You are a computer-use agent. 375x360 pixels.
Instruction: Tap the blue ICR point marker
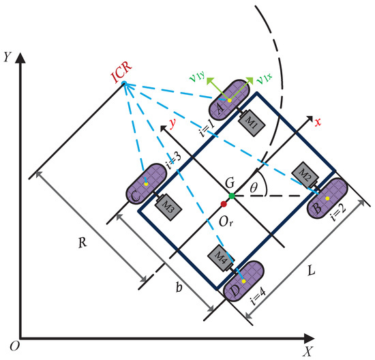pyautogui.click(x=123, y=85)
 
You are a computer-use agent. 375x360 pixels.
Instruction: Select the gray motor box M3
pyautogui.click(x=167, y=203)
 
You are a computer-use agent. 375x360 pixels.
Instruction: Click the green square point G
pyautogui.click(x=232, y=196)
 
